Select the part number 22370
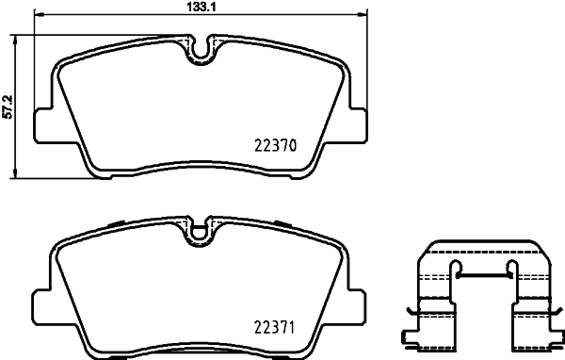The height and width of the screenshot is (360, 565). click(x=276, y=146)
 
